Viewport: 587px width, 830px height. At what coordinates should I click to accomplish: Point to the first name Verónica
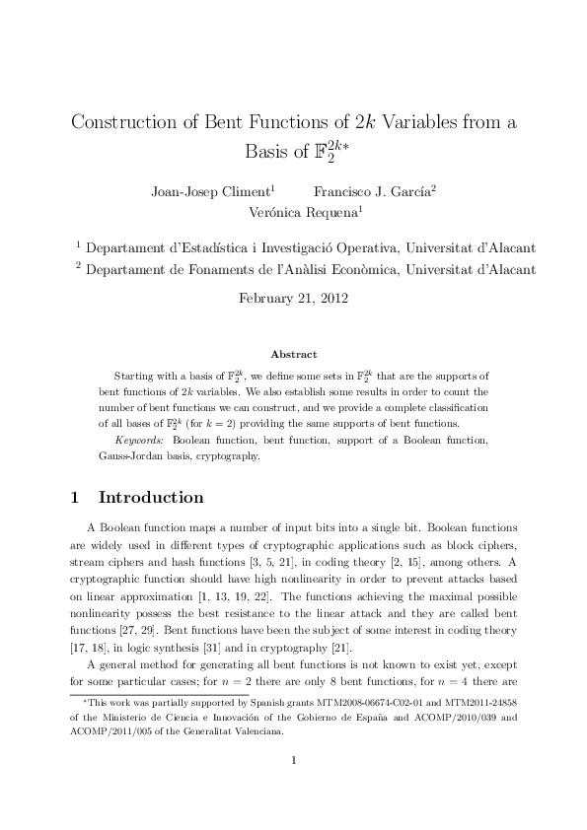click(279, 211)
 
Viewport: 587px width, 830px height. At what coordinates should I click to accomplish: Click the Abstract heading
click(293, 354)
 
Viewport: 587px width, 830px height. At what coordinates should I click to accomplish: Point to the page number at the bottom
click(293, 788)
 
